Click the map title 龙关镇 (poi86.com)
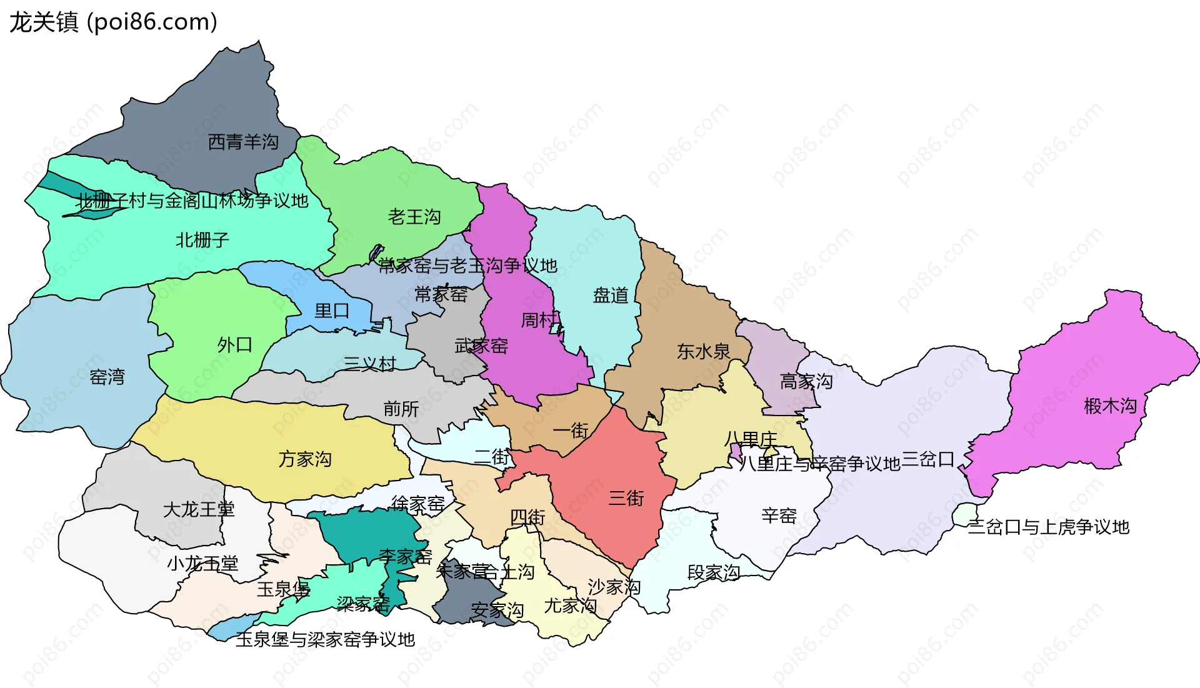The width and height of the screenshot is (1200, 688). click(x=113, y=22)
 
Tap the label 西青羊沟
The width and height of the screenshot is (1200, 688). click(x=243, y=142)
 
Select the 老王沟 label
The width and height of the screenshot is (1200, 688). click(x=414, y=217)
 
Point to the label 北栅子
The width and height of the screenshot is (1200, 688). click(x=202, y=239)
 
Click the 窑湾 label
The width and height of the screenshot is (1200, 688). click(x=107, y=377)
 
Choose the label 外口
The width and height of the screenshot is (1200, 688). click(x=235, y=344)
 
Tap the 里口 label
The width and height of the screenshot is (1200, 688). click(x=332, y=311)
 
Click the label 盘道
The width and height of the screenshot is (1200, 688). click(x=611, y=295)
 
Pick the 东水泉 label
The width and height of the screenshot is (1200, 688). click(x=704, y=351)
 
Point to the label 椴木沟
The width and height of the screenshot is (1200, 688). click(x=1111, y=406)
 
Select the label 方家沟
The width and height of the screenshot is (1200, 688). click(x=305, y=459)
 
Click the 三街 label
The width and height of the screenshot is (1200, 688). click(x=626, y=498)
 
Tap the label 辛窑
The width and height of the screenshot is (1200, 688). click(x=779, y=516)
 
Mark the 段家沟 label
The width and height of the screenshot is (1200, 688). click(x=714, y=572)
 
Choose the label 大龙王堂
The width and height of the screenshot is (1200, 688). click(x=199, y=509)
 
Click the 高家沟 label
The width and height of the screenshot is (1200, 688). click(x=806, y=381)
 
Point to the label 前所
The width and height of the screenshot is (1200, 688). click(x=401, y=409)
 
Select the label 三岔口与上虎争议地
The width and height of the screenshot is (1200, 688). click(x=1049, y=527)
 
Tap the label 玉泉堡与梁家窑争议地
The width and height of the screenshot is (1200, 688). click(x=325, y=639)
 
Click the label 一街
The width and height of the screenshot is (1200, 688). click(x=571, y=431)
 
